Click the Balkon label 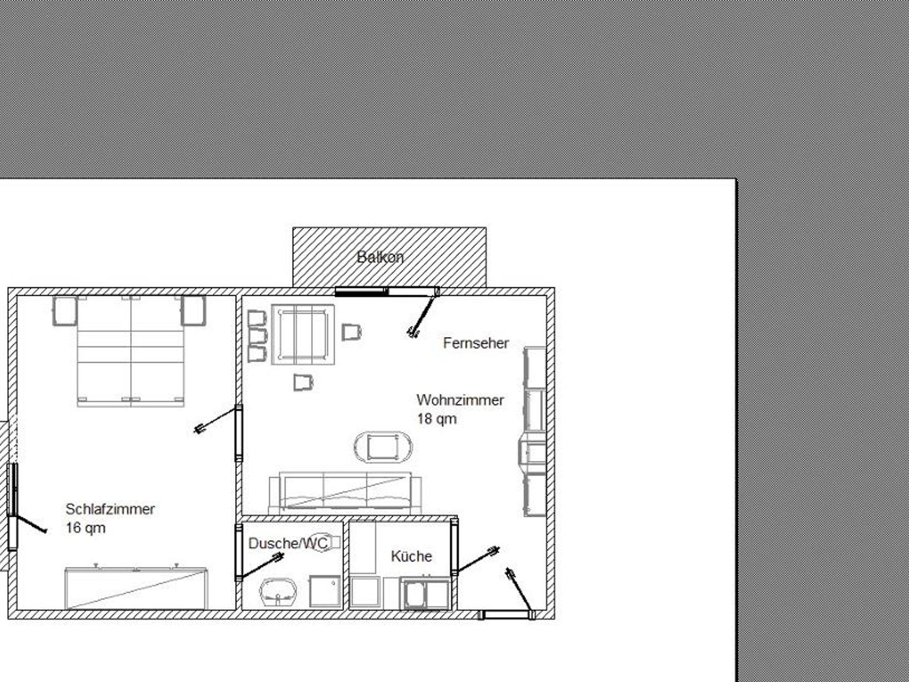click(380, 257)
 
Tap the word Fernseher click(476, 343)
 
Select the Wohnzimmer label click(460, 400)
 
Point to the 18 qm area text click(437, 419)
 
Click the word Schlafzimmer click(110, 509)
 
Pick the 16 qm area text click(86, 528)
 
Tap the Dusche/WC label click(288, 543)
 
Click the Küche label click(411, 556)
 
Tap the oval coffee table click(383, 447)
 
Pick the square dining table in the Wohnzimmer click(303, 334)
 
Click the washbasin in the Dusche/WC click(278, 592)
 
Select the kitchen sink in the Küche click(425, 593)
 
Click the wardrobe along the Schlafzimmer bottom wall click(136, 588)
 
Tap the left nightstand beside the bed click(65, 311)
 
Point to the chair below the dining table click(304, 382)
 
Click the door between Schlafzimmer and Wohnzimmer click(239, 433)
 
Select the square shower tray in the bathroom click(325, 591)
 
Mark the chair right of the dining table click(352, 332)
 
